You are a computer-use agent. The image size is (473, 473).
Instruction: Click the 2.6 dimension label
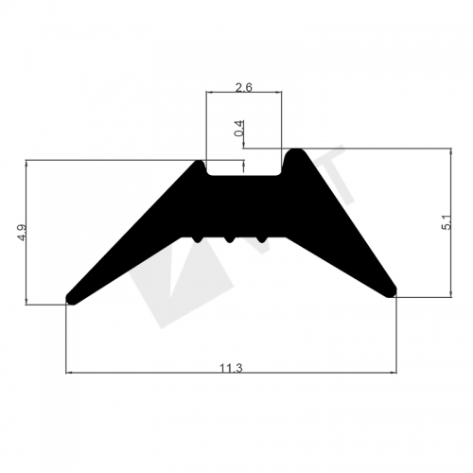click(x=244, y=87)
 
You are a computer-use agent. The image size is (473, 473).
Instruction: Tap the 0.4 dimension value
click(x=239, y=128)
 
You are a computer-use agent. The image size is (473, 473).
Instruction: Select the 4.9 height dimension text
click(x=22, y=233)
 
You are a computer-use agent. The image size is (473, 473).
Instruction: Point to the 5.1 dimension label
click(x=447, y=222)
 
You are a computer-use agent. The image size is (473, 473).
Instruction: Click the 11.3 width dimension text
click(x=231, y=368)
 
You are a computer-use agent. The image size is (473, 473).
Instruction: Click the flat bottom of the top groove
click(x=244, y=176)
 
